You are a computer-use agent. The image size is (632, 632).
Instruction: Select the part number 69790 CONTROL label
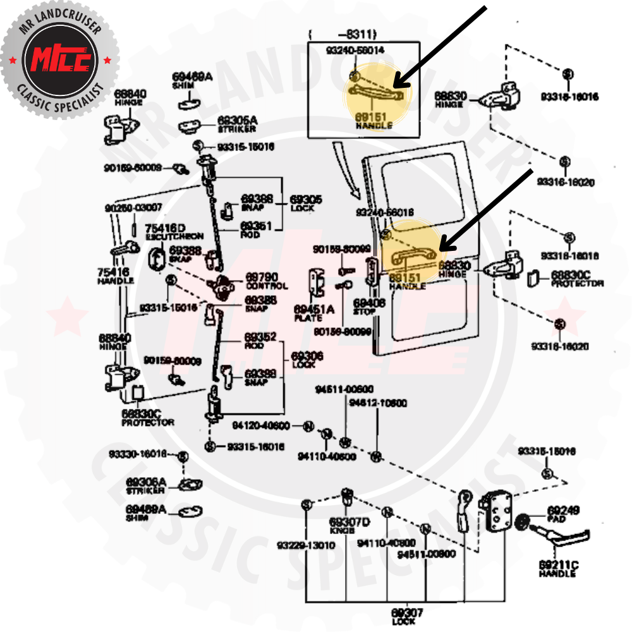(x=266, y=281)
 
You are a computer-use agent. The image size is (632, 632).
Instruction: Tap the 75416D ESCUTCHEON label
(x=165, y=231)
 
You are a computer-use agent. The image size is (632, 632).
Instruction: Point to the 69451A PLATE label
(x=314, y=312)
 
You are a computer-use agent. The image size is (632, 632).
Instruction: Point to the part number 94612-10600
(x=378, y=403)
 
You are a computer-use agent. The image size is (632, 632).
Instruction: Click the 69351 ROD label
(x=256, y=228)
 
